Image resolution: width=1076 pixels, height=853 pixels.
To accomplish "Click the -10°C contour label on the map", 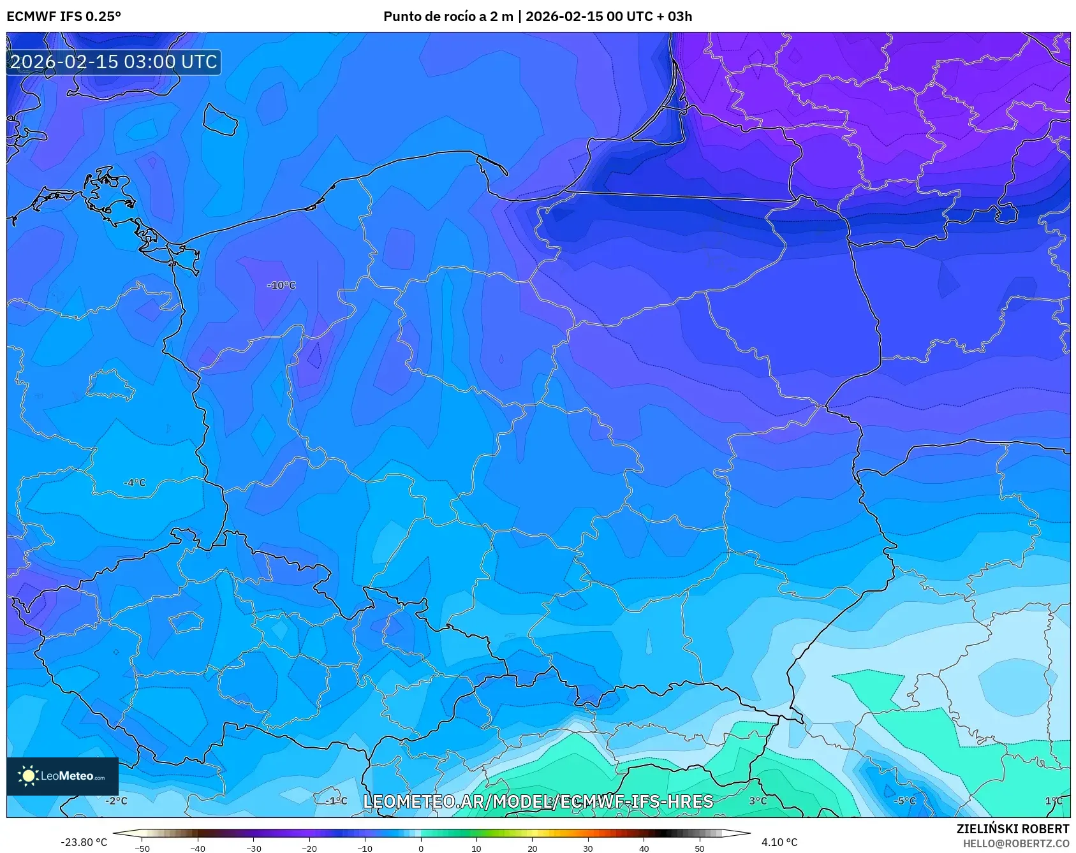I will tap(281, 286).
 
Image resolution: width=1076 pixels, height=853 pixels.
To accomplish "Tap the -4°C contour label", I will tap(135, 483).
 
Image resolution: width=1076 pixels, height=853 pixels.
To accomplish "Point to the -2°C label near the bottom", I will tap(116, 801).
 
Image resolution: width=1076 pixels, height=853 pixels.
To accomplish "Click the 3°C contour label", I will tap(758, 801).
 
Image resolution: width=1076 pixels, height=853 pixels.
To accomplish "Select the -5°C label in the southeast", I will tap(904, 801).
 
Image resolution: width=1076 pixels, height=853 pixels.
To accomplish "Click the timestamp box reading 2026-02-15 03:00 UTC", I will tap(114, 62).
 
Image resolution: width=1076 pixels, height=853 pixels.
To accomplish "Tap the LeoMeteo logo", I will tap(63, 776).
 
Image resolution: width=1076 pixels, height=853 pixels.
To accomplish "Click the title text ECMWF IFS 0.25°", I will tap(64, 17).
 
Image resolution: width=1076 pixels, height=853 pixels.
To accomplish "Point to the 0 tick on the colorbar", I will tap(420, 848).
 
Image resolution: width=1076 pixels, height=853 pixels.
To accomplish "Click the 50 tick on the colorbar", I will tap(699, 848).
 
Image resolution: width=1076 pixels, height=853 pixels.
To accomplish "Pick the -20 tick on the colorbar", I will tap(309, 848).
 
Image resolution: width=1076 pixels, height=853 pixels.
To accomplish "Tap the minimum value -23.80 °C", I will tap(84, 842).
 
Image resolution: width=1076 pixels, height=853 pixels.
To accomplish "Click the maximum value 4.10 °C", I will tap(779, 842).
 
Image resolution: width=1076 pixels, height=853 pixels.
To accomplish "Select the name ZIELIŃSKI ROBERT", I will tap(1012, 829).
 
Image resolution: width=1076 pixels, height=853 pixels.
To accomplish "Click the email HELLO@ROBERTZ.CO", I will tap(1015, 843).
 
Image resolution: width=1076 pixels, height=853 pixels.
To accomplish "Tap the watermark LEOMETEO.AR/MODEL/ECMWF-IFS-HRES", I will tap(538, 801).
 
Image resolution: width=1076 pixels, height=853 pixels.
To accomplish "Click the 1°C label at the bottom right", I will tap(1054, 801).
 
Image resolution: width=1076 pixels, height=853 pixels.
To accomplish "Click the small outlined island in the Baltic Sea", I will tap(220, 119).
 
